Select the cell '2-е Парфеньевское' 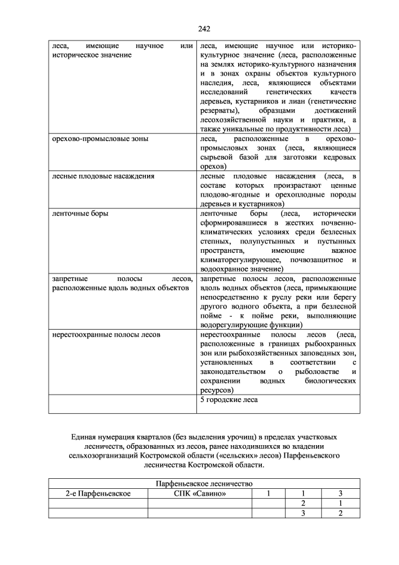[x=98, y=493]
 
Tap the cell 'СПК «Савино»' [x=199, y=493]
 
